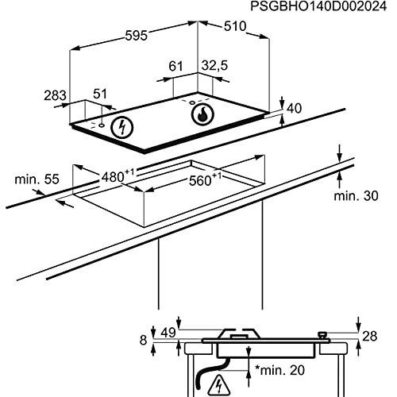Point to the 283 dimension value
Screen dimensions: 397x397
54,96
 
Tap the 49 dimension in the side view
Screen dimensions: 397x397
168,332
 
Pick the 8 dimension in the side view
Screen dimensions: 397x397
143,340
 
